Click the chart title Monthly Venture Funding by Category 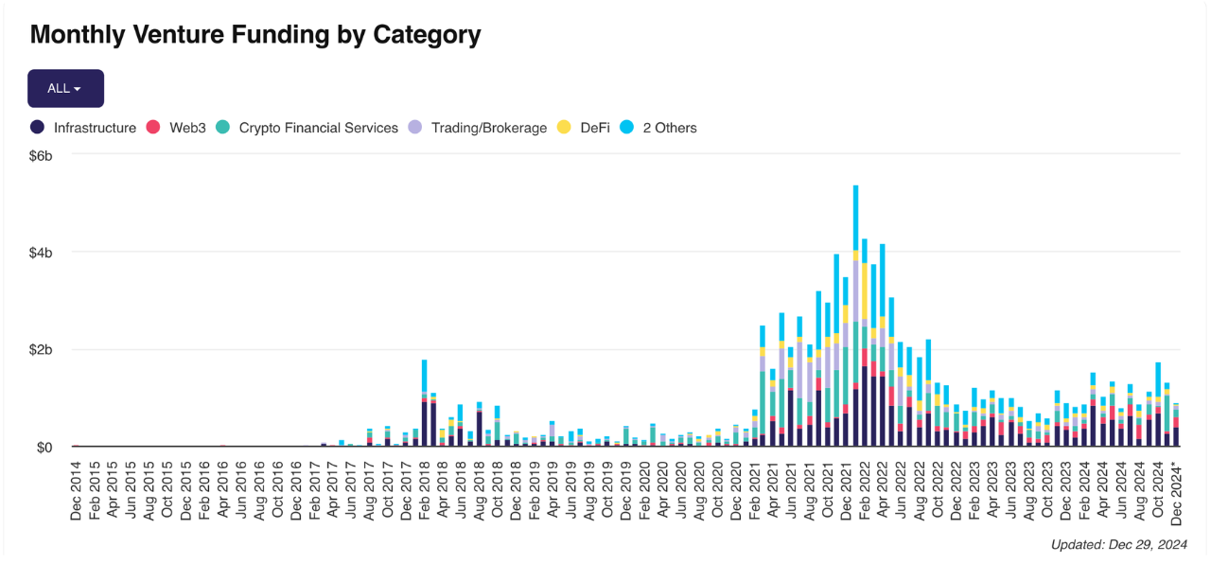tap(255, 35)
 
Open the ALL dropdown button tap(65, 88)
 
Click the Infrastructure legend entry tap(83, 128)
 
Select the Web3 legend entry tap(176, 128)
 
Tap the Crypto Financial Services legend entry tap(307, 128)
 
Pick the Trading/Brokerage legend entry tap(478, 128)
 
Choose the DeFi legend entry tap(584, 128)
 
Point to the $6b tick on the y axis tap(41, 156)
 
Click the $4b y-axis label tap(41, 253)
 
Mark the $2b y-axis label tap(41, 350)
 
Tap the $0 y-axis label tap(44, 448)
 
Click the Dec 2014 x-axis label tap(76, 491)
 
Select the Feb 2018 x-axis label tap(424, 491)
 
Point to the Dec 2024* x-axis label tap(1176, 493)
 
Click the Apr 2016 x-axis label tap(222, 491)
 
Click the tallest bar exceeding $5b tap(856, 316)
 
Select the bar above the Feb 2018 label tap(425, 403)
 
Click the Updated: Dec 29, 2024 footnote tap(1118, 544)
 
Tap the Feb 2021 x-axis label tap(754, 491)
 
